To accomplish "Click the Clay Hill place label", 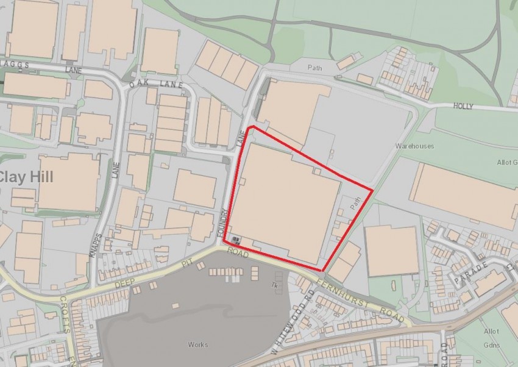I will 26,177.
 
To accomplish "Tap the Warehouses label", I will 414,146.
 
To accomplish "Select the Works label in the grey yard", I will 197,345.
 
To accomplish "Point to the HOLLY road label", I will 463,105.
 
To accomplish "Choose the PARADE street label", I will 469,272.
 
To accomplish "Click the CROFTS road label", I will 65,312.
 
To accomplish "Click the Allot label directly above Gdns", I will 491,331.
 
